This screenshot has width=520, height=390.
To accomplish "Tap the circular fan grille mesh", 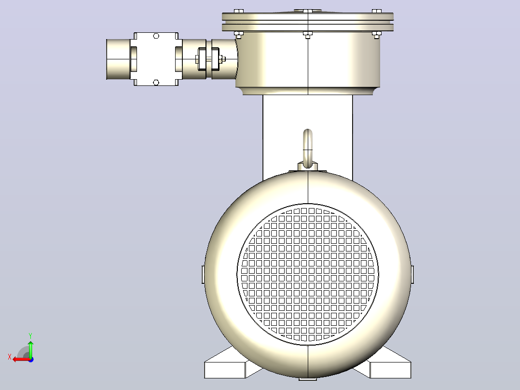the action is pos(307,275).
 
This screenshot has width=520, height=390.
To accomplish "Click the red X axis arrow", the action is pos(22,360).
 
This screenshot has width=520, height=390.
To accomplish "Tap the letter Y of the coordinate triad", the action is pos(30,335).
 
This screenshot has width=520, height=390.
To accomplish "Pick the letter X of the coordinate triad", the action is pos(10,357).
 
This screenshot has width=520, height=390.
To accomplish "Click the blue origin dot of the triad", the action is pos(31,360).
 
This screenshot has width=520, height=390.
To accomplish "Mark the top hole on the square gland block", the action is pos(156,36).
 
